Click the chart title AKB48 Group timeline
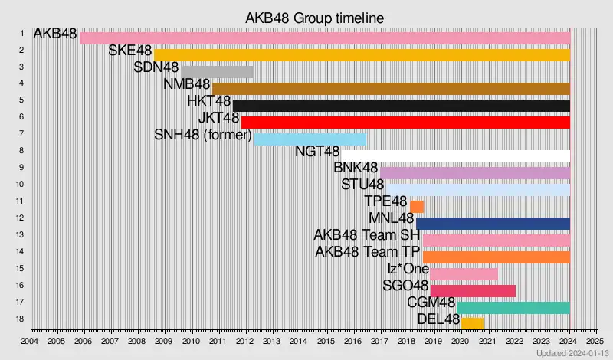pyautogui.click(x=314, y=17)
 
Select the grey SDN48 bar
pyautogui.click(x=217, y=72)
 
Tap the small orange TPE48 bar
pyautogui.click(x=417, y=207)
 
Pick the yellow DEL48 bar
pyautogui.click(x=472, y=323)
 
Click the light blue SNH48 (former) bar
pyautogui.click(x=310, y=139)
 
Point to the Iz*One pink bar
pyautogui.click(x=464, y=274)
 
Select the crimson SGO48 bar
pyautogui.click(x=473, y=291)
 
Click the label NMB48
pyautogui.click(x=187, y=84)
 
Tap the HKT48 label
pyautogui.click(x=208, y=101)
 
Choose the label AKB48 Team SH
pyautogui.click(x=367, y=235)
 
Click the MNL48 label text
pyautogui.click(x=392, y=219)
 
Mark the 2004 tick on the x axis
pyautogui.click(x=30, y=341)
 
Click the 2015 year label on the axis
pyautogui.click(x=326, y=341)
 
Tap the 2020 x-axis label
pyautogui.click(x=460, y=341)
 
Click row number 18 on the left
pyautogui.click(x=21, y=319)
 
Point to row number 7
pyautogui.click(x=21, y=134)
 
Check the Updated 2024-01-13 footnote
pyautogui.click(x=571, y=353)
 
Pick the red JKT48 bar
pyautogui.click(x=405, y=123)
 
